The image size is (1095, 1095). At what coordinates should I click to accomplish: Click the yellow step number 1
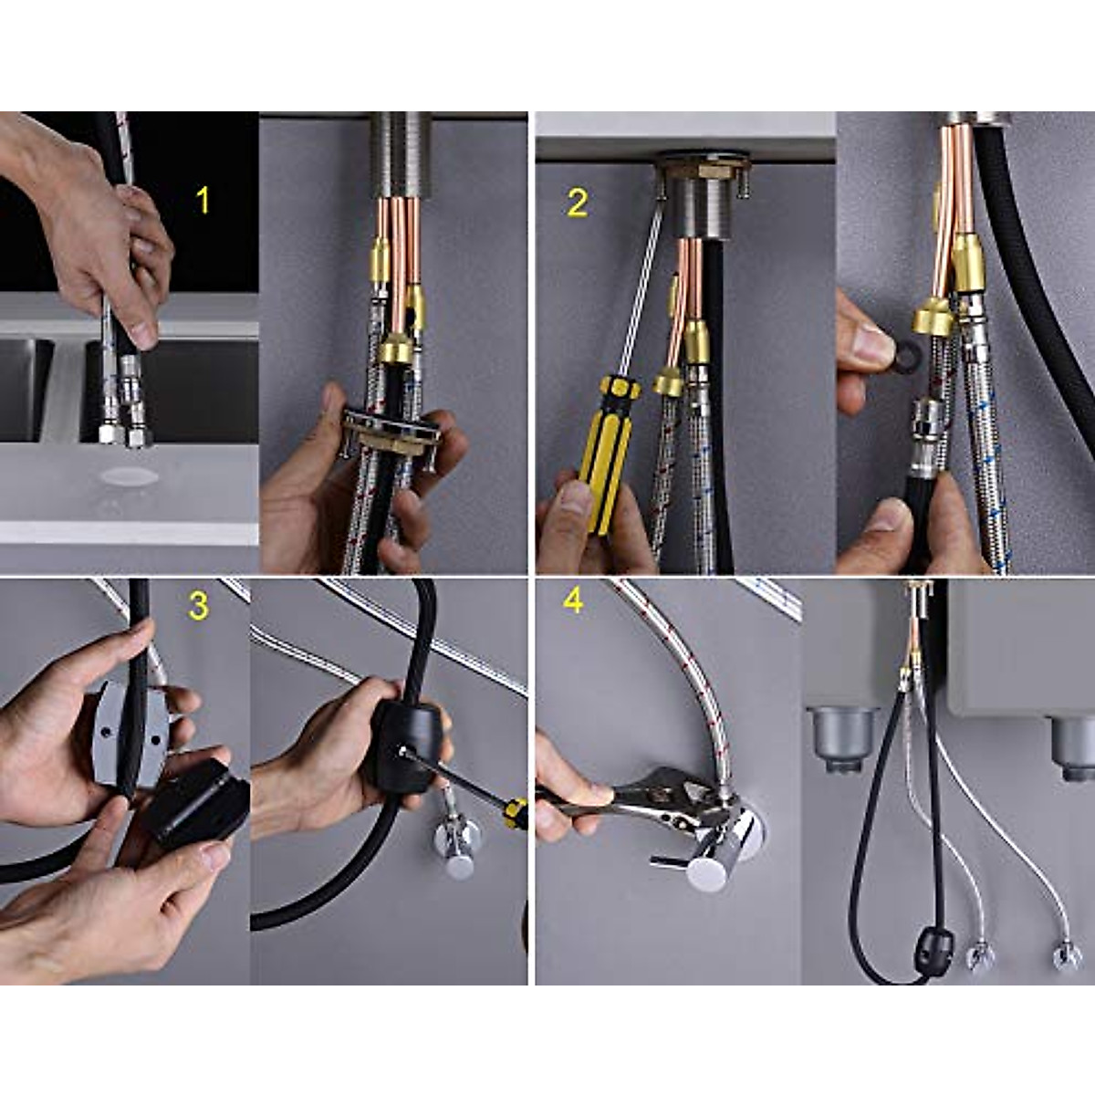(x=203, y=200)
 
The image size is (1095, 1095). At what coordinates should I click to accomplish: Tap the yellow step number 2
(x=577, y=203)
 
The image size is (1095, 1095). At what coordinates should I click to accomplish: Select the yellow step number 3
(x=198, y=605)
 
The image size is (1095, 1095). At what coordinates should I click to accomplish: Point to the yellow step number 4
(x=573, y=600)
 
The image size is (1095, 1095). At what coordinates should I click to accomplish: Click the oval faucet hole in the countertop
(x=129, y=475)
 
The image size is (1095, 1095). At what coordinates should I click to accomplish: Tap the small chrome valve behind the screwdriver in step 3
(x=456, y=844)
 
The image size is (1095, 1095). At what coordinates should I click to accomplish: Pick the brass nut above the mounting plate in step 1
(x=394, y=349)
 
